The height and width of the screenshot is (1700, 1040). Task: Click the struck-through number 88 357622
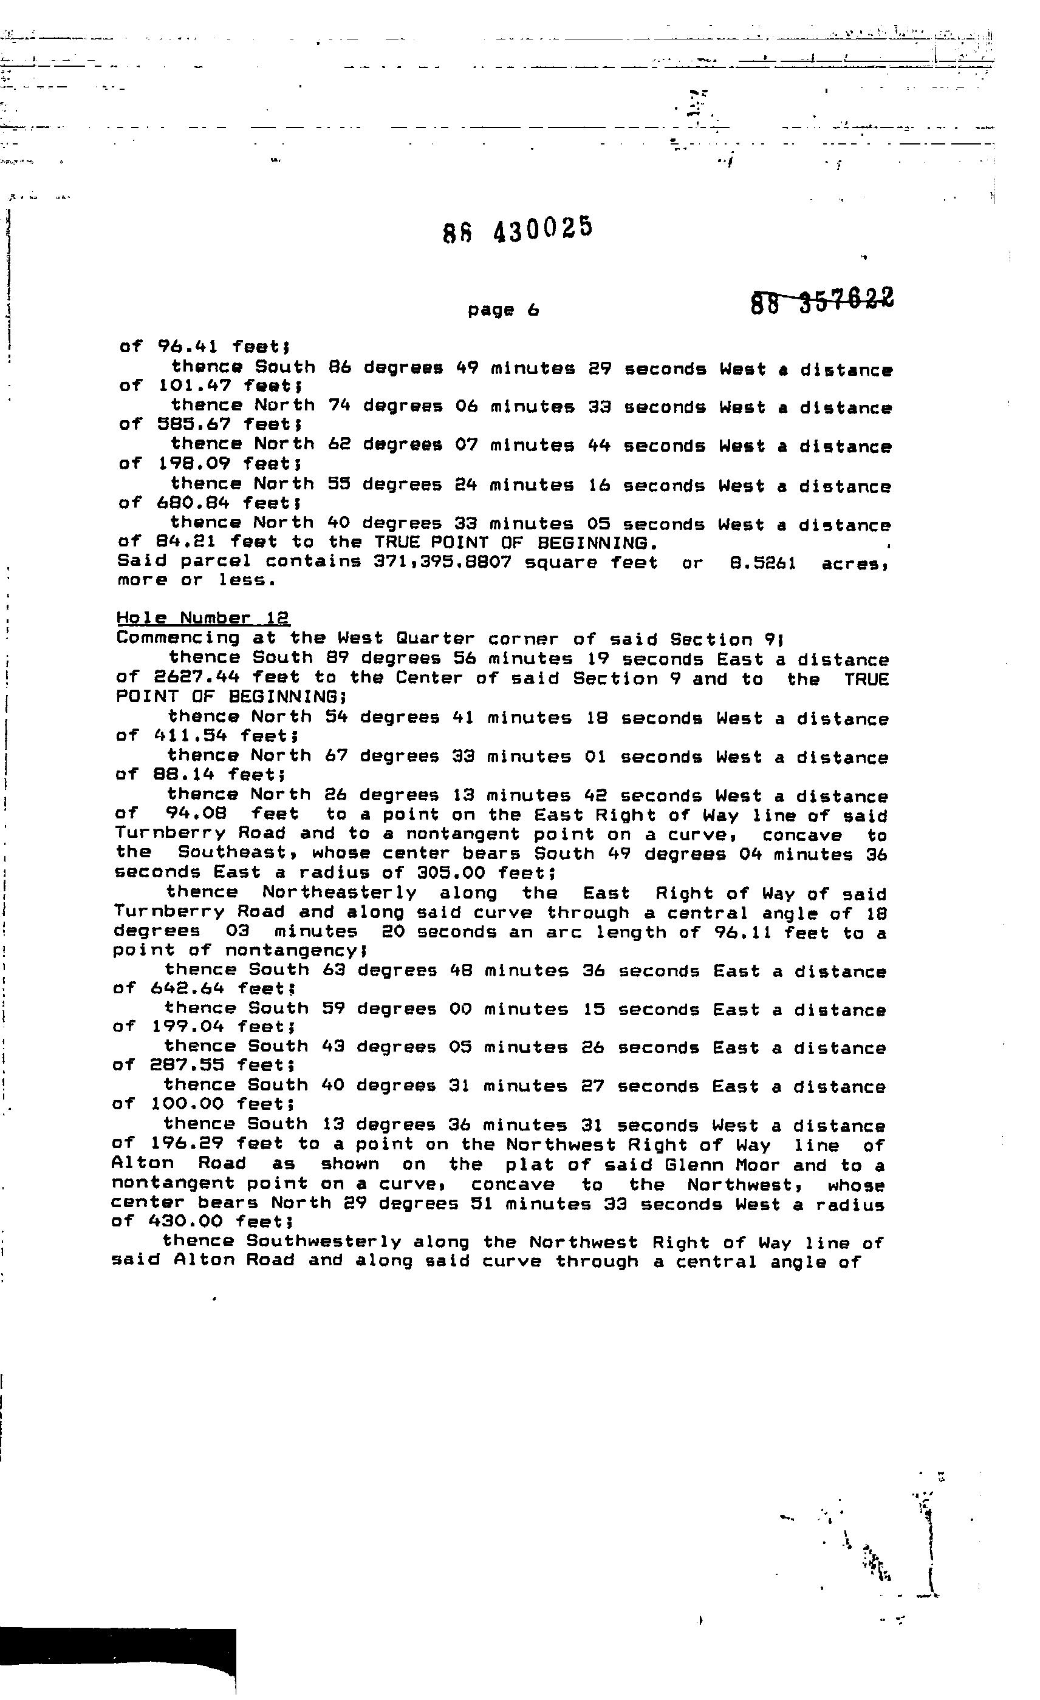(x=821, y=302)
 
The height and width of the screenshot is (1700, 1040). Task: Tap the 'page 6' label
(x=503, y=310)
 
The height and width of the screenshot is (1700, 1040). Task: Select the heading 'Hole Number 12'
(x=203, y=618)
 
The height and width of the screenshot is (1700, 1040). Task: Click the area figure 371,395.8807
(x=442, y=562)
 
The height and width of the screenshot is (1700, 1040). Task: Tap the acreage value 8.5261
(x=762, y=563)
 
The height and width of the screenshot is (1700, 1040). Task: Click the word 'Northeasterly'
(x=340, y=894)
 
